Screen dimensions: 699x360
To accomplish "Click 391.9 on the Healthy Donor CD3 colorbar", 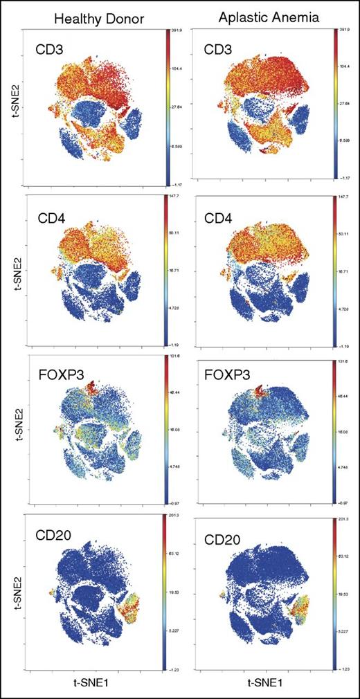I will tap(177, 30).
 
